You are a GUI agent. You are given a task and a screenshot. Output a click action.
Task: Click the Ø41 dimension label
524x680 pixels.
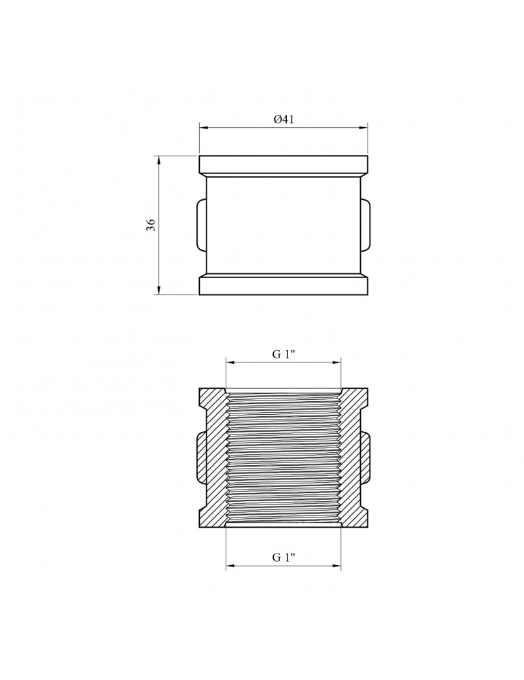pos(283,119)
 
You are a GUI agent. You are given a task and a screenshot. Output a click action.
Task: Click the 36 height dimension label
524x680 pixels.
pos(150,224)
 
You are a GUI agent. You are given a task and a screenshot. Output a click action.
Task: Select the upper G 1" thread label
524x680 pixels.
pos(283,354)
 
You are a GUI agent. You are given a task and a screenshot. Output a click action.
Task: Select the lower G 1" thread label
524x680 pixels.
pos(283,557)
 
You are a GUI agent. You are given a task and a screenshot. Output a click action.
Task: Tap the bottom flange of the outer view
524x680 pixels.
pos(283,286)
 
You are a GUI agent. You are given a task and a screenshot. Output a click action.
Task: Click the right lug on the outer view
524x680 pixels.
pos(366,224)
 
